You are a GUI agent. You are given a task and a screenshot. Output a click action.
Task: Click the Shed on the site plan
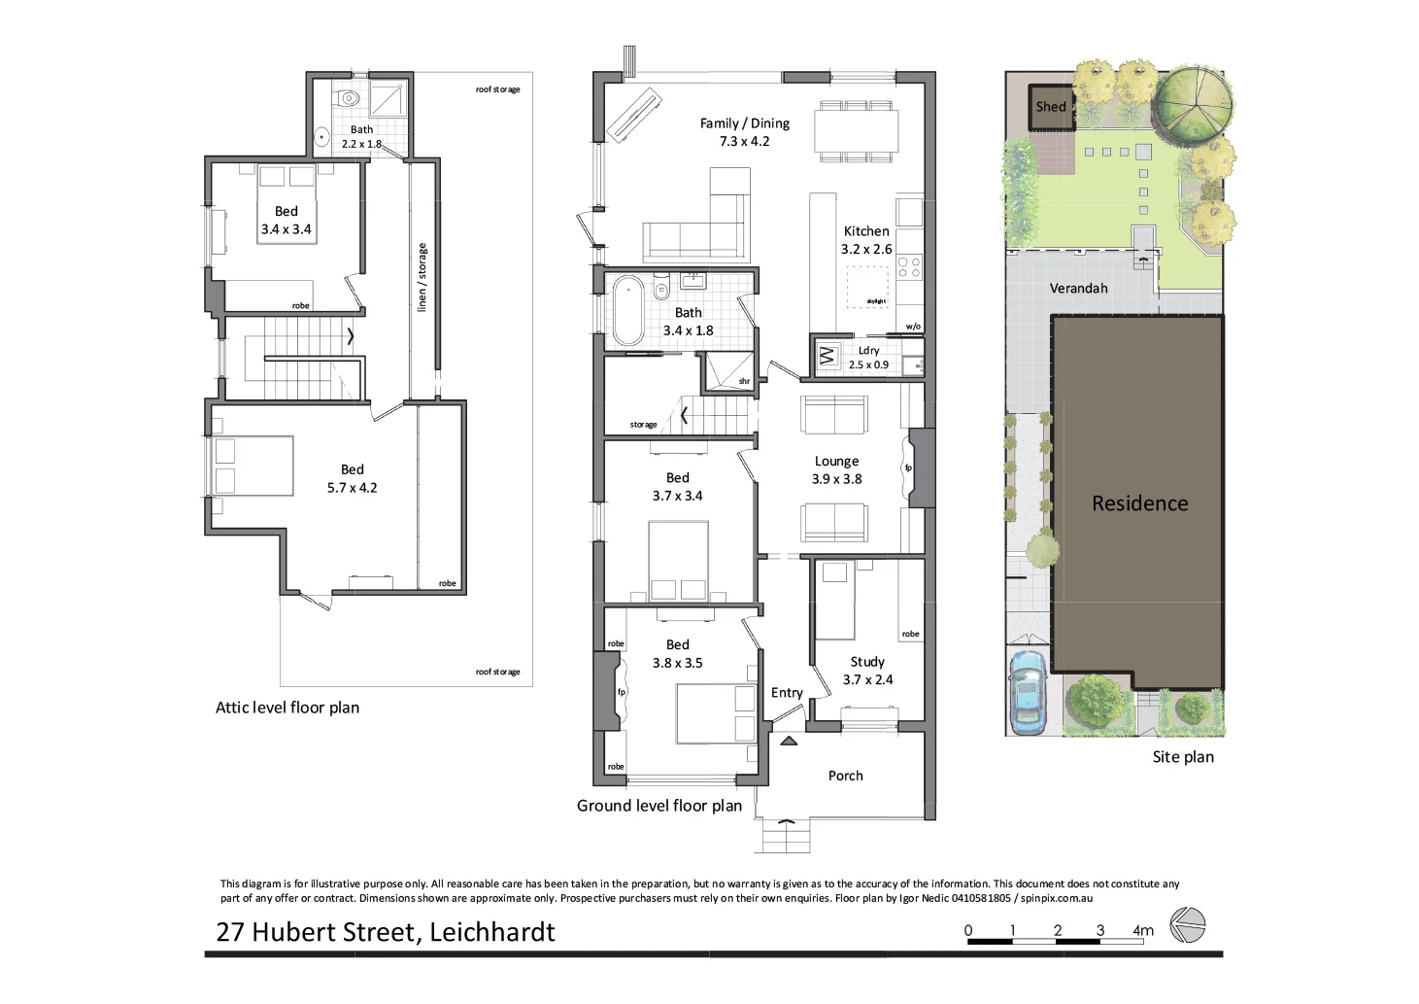pos(1051,107)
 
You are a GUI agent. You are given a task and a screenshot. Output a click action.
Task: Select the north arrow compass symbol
pos(1187,924)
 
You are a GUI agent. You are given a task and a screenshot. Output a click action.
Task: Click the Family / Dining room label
pos(744,132)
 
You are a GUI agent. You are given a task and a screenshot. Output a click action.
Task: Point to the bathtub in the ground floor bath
pos(627,311)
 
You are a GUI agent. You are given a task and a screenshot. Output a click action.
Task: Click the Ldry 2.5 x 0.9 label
pos(868,358)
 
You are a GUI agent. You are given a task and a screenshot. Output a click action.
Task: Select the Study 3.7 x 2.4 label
pos(867,671)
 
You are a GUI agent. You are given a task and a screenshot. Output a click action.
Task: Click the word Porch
pos(845,776)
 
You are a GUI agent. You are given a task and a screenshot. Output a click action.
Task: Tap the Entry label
pos(787,693)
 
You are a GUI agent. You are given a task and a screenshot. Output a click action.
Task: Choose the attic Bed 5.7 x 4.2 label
pos(352,478)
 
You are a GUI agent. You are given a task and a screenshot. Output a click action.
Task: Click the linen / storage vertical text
pos(422,278)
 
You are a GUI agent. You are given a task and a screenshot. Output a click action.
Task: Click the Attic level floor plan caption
pos(287,708)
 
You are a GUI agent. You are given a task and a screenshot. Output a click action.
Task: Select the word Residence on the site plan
pos(1139,503)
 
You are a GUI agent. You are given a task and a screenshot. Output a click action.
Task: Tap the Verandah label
pos(1078,289)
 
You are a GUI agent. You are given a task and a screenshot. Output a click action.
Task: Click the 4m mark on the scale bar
pos(1142,930)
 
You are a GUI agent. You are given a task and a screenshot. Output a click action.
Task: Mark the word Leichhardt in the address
pos(491,932)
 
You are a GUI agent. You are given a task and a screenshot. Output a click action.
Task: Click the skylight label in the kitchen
pos(876,301)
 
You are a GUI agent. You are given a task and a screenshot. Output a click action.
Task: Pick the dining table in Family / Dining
pos(856,130)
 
